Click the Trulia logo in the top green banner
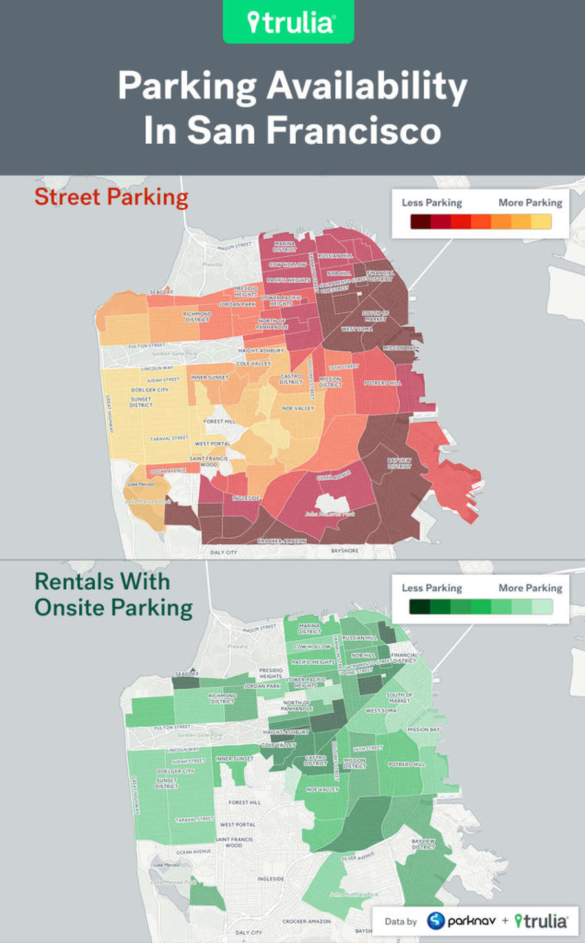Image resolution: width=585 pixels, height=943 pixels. coord(289,22)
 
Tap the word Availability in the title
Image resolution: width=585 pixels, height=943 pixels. coord(367,86)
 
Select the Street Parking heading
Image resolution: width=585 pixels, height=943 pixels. coord(111,197)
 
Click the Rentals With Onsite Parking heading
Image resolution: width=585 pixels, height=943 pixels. coord(113,595)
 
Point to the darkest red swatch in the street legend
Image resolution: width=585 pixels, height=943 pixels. coord(420,222)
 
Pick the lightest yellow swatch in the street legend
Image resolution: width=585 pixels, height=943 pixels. coord(541,222)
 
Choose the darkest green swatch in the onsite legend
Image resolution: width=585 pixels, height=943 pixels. coord(420,607)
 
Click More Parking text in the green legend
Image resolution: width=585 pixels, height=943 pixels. coord(530,588)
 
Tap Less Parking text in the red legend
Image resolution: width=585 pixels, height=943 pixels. coord(431,203)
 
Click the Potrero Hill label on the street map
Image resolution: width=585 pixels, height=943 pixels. coord(383,383)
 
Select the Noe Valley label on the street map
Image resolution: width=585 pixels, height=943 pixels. coord(298,408)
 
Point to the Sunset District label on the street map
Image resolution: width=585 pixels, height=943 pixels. coord(141,402)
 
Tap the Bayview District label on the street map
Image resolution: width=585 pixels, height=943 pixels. coord(399,463)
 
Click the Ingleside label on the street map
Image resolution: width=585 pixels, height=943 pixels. coord(246,499)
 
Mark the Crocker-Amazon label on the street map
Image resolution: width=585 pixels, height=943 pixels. coord(282,541)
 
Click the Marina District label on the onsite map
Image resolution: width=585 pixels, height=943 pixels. coord(309,628)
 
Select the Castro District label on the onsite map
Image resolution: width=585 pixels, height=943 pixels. coord(315,760)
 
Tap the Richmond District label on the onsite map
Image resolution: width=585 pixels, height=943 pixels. coord(222,698)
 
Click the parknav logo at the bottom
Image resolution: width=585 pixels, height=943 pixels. coord(462,921)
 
